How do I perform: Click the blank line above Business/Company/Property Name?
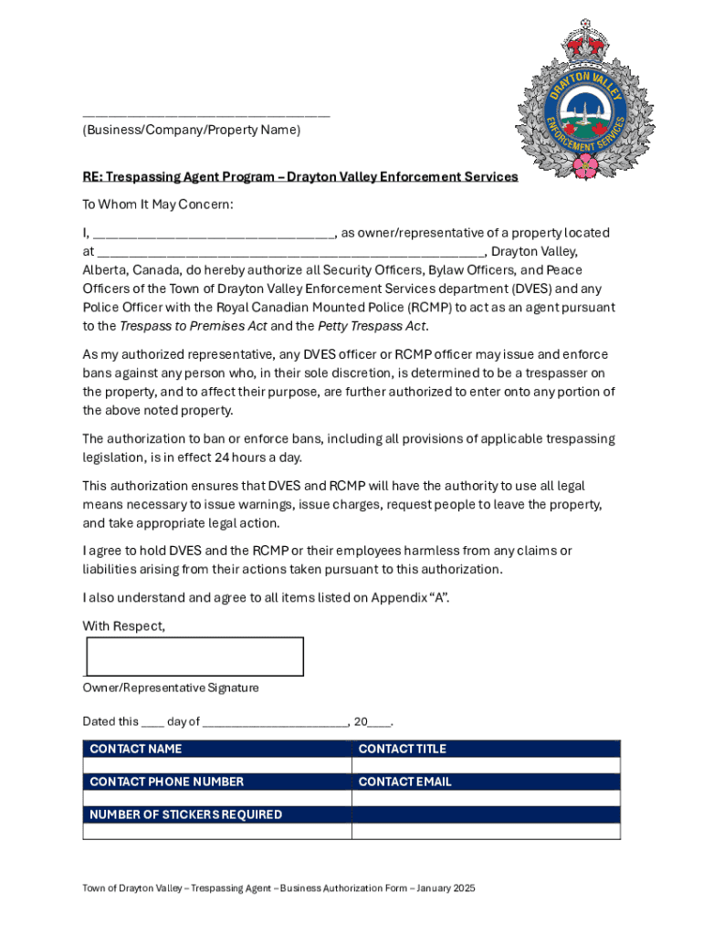click(x=205, y=115)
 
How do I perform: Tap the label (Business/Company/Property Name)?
click(x=191, y=131)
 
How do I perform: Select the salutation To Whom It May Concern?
click(x=158, y=205)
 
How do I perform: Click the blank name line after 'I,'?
click(x=215, y=234)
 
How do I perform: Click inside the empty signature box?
click(x=194, y=657)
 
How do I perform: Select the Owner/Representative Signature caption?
click(x=171, y=688)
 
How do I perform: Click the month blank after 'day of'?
click(x=275, y=721)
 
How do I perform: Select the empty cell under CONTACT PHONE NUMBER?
click(x=216, y=798)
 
